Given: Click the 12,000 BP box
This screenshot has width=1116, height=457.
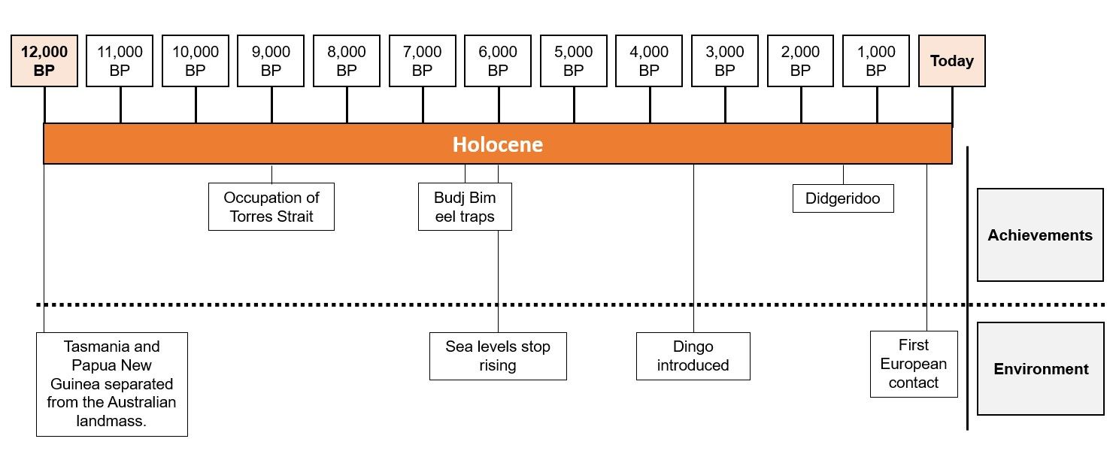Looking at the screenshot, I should pyautogui.click(x=44, y=61).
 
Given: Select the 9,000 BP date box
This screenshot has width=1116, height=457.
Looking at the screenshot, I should pyautogui.click(x=271, y=61).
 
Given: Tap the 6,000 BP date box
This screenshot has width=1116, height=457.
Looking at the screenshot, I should pyautogui.click(x=498, y=61).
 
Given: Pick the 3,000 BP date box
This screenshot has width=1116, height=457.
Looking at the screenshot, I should pyautogui.click(x=725, y=61).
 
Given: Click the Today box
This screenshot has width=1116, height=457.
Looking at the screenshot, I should pyautogui.click(x=952, y=61).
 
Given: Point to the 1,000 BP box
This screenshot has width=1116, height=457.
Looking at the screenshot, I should pyautogui.click(x=876, y=61).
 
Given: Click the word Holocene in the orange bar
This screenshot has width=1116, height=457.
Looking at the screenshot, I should pyautogui.click(x=498, y=144).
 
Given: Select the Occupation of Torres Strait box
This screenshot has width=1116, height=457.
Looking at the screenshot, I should pyautogui.click(x=271, y=207).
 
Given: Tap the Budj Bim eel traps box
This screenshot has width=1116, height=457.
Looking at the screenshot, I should pyautogui.click(x=465, y=207).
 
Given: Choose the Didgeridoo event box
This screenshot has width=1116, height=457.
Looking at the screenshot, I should pyautogui.click(x=843, y=199).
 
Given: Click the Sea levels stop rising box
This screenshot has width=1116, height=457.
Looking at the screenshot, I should pyautogui.click(x=498, y=356).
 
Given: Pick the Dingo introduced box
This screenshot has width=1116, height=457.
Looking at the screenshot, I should pyautogui.click(x=693, y=356).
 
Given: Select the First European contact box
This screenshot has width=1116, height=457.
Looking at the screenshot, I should pyautogui.click(x=914, y=364).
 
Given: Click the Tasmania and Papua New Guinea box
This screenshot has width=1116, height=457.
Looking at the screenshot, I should pyautogui.click(x=111, y=384).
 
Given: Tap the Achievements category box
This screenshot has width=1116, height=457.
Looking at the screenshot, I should pyautogui.click(x=1040, y=235).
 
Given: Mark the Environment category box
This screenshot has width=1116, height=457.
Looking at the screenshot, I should pyautogui.click(x=1041, y=369).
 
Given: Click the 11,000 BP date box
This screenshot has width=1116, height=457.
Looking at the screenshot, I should pyautogui.click(x=120, y=61).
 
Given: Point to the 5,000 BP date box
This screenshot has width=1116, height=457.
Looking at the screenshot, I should pyautogui.click(x=574, y=61).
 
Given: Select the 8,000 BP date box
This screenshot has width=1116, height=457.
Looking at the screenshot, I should pyautogui.click(x=347, y=61).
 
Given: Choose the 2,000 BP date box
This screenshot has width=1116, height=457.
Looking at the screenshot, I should pyautogui.click(x=800, y=61).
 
